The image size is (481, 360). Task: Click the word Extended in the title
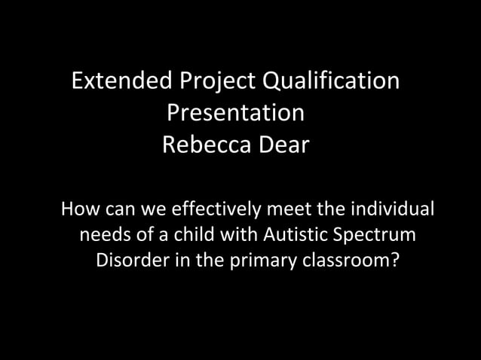click(x=121, y=81)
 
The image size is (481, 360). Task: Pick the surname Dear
click(x=281, y=145)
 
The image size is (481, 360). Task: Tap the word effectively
click(x=219, y=207)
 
